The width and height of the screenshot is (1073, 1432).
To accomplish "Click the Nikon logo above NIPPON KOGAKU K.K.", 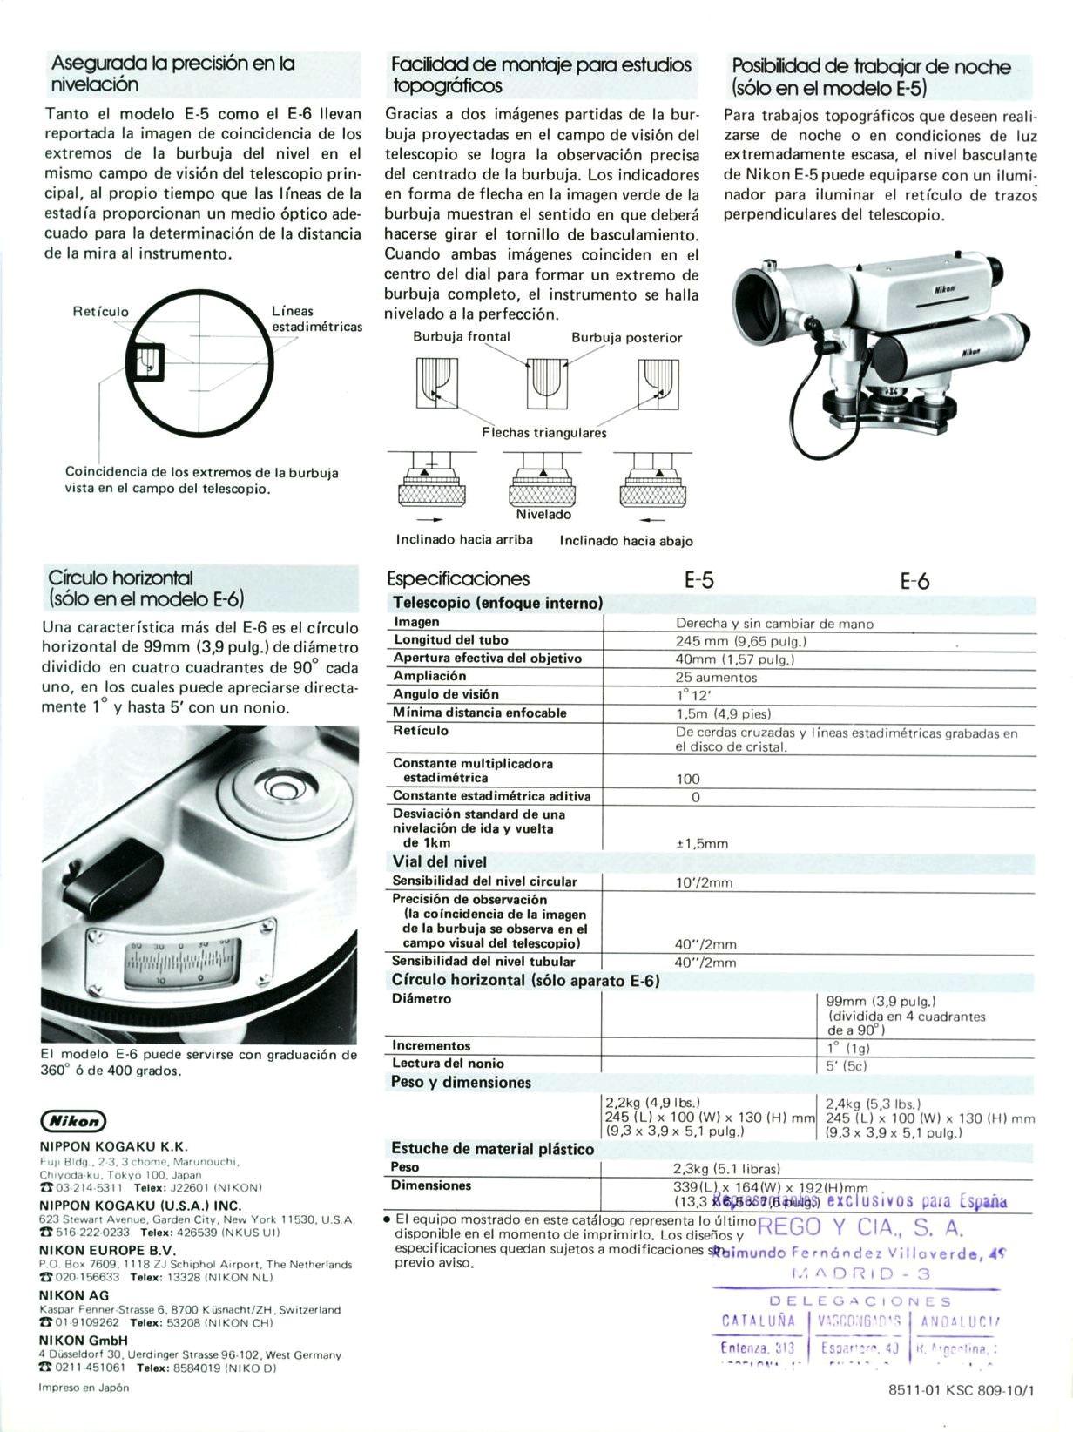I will click(x=73, y=1121).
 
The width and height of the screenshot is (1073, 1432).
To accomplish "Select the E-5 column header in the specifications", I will click(x=698, y=580).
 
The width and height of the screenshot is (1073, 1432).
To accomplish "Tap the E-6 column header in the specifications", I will click(x=914, y=581).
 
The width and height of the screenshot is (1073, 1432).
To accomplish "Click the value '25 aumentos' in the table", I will click(x=716, y=677).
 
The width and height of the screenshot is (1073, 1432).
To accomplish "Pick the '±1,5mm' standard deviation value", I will click(x=702, y=843).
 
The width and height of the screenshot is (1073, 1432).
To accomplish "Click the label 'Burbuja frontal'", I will click(x=461, y=336).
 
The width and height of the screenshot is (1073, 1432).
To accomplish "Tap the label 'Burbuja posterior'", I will click(x=626, y=337).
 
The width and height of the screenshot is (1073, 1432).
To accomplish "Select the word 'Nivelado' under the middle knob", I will click(x=543, y=514).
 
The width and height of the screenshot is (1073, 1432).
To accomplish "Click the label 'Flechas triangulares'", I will click(x=544, y=432).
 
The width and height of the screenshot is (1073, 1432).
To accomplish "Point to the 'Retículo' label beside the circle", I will click(x=100, y=311).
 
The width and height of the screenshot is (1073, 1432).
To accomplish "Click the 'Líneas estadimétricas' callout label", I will click(x=316, y=318).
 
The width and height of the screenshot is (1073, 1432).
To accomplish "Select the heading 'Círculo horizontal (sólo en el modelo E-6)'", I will click(x=146, y=588).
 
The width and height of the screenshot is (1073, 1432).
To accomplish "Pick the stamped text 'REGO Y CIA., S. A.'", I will click(x=860, y=1227).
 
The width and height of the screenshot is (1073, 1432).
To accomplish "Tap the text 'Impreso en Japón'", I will click(x=84, y=1388).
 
